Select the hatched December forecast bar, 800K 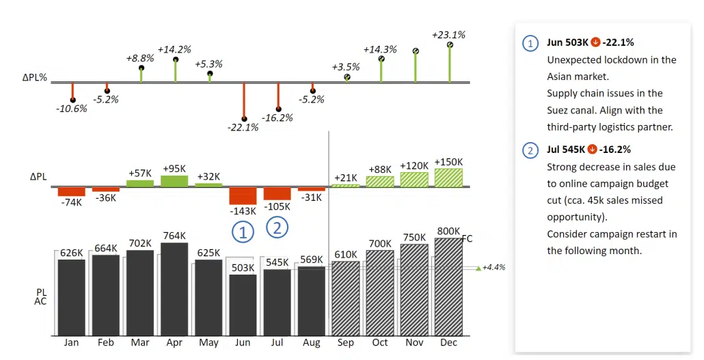tap(448, 287)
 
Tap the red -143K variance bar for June tap(243, 196)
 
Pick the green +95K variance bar tap(174, 181)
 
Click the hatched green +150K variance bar tap(448, 178)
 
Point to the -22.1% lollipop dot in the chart tap(244, 119)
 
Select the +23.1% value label tap(448, 35)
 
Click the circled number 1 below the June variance tap(243, 232)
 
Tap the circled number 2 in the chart tap(277, 227)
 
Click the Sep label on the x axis tap(345, 343)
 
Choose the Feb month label tap(106, 343)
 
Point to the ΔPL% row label tap(34, 78)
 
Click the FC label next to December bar tap(468, 239)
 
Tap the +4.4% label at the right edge tap(493, 268)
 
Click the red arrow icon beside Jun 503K tap(595, 42)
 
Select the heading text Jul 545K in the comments tap(565, 150)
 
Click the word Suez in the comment tap(560, 110)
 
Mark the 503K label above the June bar tap(243, 268)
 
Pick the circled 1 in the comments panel tap(530, 43)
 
